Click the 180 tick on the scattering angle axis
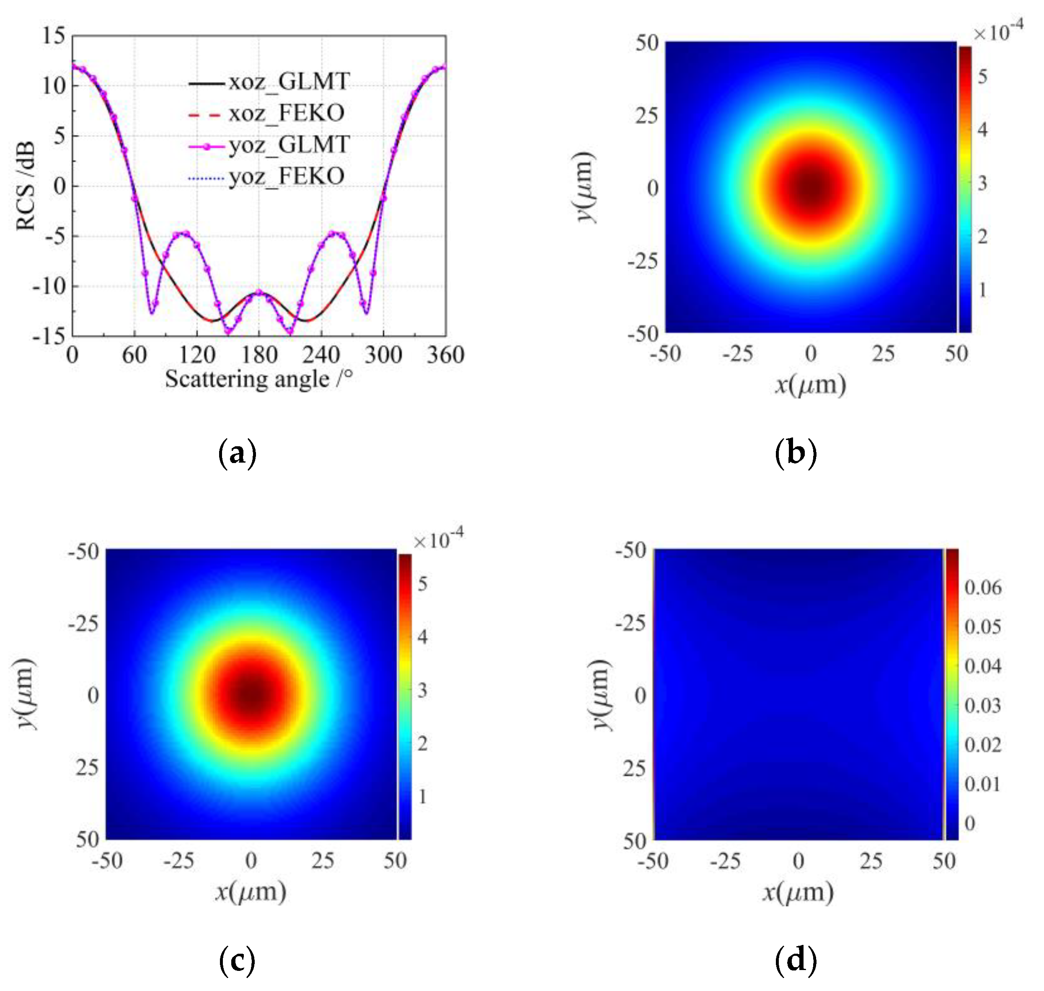tap(259, 354)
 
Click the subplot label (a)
tap(237, 453)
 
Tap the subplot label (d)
tap(795, 960)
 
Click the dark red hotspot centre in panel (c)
tap(251, 695)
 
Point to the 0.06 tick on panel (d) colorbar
tap(983, 587)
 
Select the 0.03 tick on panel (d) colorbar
tap(983, 705)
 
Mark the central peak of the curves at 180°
tap(259, 292)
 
